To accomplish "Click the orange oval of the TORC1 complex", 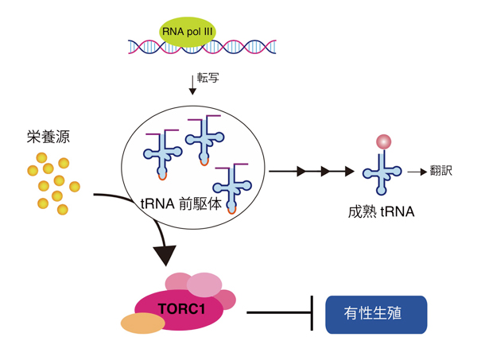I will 143,323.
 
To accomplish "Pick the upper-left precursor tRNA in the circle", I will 161,151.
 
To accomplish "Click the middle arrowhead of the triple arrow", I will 324,170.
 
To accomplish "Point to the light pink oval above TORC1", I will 204,284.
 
